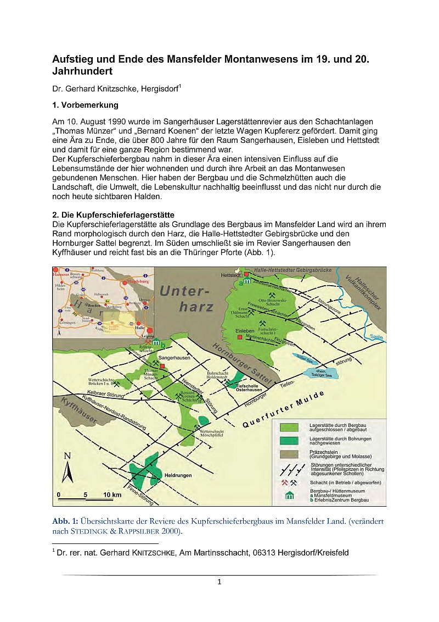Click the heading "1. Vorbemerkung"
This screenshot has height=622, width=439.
coord(85,105)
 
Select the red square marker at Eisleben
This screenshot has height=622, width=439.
coord(239,337)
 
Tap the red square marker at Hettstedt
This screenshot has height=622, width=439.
coord(247,274)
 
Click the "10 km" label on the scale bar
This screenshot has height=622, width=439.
coord(112,495)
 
